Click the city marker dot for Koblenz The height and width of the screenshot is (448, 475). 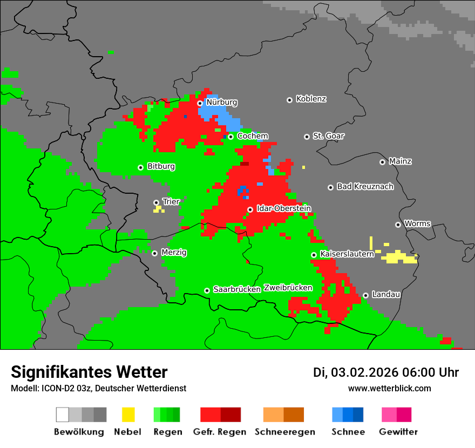(x=289, y=100)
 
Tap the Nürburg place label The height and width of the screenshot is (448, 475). (x=221, y=102)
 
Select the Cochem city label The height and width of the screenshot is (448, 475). (x=253, y=136)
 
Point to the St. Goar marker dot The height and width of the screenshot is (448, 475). (x=307, y=137)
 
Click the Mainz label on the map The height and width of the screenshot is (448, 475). (x=400, y=161)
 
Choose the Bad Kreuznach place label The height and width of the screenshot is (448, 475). (x=365, y=187)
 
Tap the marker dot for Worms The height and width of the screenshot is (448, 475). (x=398, y=225)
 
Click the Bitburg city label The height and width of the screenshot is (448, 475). (x=161, y=166)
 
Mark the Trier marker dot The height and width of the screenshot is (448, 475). (x=156, y=202)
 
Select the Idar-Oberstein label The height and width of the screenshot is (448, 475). (x=283, y=208)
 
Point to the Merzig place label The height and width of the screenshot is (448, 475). (x=174, y=252)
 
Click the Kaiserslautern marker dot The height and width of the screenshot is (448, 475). (x=314, y=255)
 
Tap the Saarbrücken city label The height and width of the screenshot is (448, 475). (x=237, y=289)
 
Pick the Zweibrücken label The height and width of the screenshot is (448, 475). (x=288, y=288)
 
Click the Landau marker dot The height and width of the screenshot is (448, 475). (x=365, y=295)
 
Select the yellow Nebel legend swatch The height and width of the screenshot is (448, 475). (x=128, y=415)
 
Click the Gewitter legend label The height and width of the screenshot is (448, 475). (x=398, y=432)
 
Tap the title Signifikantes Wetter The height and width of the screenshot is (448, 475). (x=89, y=372)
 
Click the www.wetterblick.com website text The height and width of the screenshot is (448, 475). (x=389, y=388)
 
